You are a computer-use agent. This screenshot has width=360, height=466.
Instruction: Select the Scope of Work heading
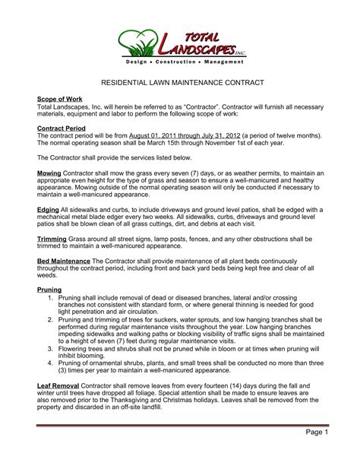(x=59, y=100)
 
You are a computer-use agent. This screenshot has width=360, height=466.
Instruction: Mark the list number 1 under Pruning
(x=50, y=298)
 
